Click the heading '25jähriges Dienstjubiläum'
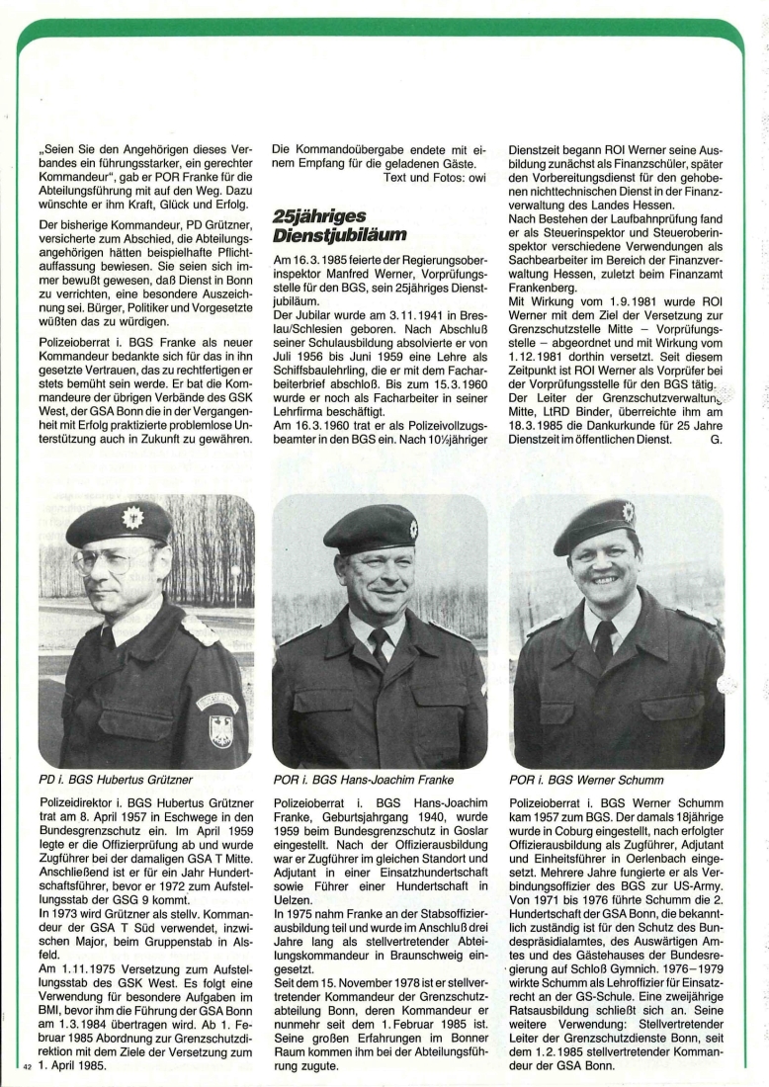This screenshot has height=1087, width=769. pyautogui.click(x=331, y=226)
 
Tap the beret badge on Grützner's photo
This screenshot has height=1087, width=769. pyautogui.click(x=132, y=517)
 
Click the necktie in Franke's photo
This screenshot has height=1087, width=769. pyautogui.click(x=379, y=646)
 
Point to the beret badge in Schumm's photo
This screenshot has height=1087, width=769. pyautogui.click(x=628, y=512)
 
